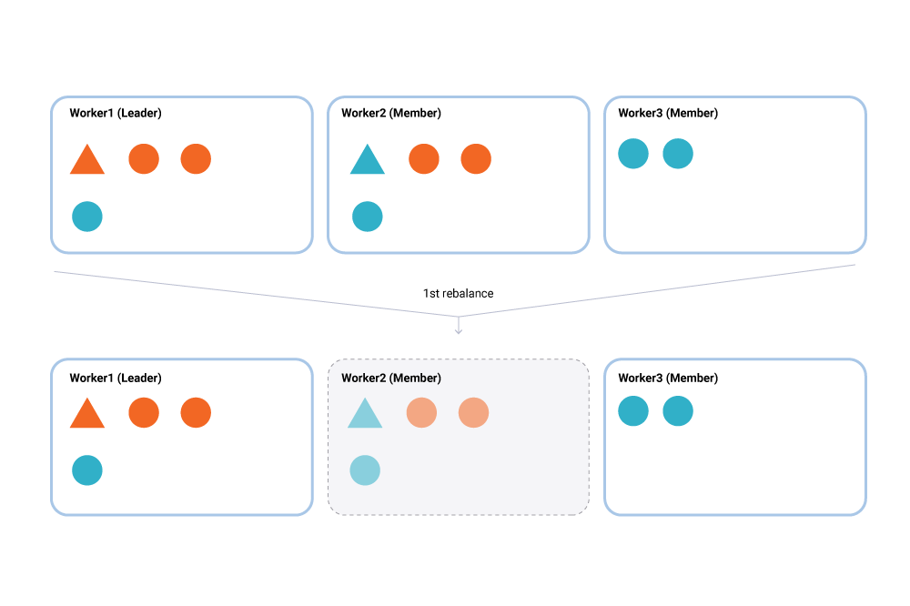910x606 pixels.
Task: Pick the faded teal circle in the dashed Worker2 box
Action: coord(365,470)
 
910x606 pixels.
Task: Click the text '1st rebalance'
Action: coord(458,294)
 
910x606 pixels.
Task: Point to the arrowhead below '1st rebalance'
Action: coord(459,330)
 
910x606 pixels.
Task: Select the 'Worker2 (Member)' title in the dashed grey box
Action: coord(391,378)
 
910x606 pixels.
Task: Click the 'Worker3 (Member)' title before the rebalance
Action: coord(668,113)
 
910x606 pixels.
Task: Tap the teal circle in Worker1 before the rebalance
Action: coord(87,217)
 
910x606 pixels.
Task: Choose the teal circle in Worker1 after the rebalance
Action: coord(87,470)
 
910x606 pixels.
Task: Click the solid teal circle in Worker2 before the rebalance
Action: coord(368,217)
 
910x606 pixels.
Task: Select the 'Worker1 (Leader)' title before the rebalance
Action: coord(116,113)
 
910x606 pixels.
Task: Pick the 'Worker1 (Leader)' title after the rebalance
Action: coord(116,378)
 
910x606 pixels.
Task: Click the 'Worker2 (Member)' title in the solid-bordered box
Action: coord(391,113)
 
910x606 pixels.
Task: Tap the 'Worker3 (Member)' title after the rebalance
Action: coord(668,378)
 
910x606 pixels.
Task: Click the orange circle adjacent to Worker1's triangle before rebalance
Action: coord(144,158)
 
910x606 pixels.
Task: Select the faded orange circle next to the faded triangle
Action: coord(421,412)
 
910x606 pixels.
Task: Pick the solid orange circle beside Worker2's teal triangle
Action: coord(424,158)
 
